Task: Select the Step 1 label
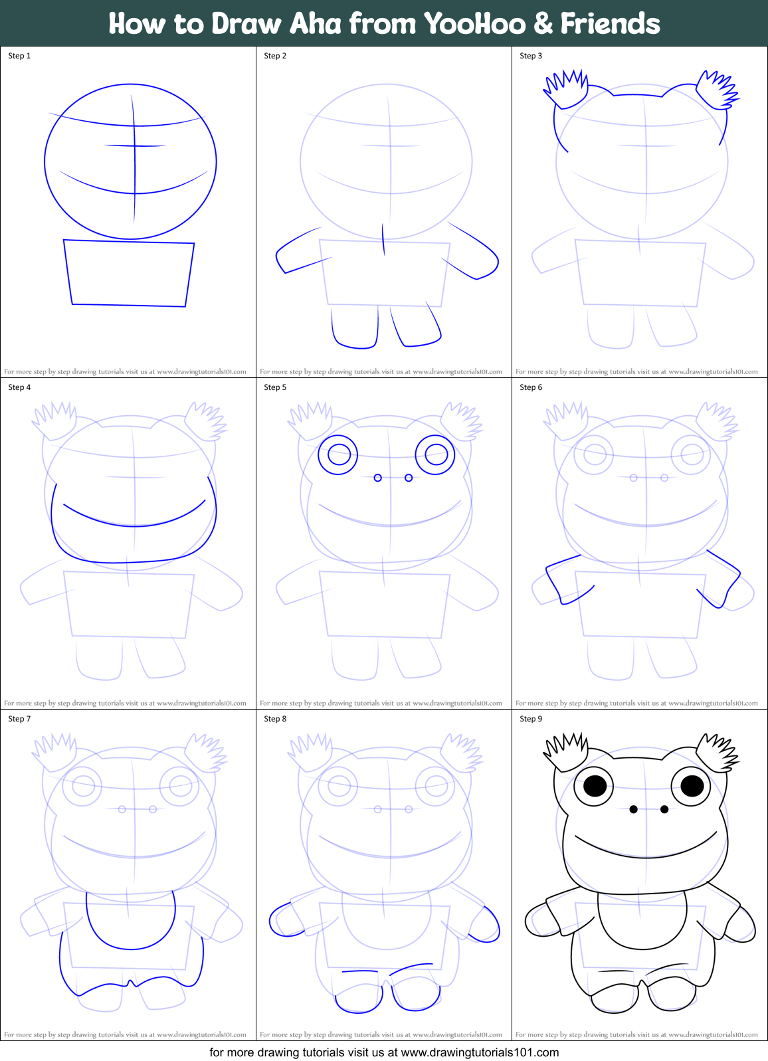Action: click(x=19, y=56)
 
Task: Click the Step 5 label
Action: click(x=275, y=387)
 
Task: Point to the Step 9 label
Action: click(x=531, y=719)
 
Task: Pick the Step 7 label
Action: click(x=19, y=719)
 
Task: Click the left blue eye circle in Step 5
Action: click(x=338, y=455)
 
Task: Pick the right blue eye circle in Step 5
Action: click(x=435, y=455)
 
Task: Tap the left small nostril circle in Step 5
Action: click(x=378, y=478)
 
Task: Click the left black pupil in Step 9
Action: click(x=595, y=786)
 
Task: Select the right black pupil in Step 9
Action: click(x=692, y=786)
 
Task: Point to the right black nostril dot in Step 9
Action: click(x=664, y=809)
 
